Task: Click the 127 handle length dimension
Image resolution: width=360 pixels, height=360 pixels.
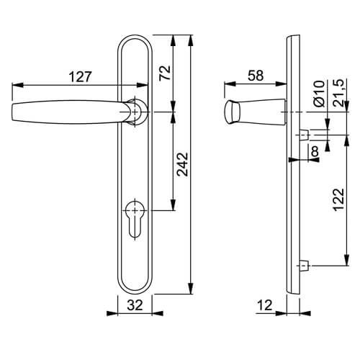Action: coord(81,77)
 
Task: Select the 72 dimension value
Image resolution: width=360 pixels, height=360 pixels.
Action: coord(165,73)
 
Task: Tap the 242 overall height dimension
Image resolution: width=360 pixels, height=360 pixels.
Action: coord(182,164)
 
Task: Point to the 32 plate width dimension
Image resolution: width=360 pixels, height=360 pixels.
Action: coord(135,305)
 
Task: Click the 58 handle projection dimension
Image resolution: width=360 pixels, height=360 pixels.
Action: coord(256,76)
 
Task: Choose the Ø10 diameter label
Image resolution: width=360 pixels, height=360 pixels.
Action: coord(319,94)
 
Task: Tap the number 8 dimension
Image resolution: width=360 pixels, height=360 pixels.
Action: coord(315,151)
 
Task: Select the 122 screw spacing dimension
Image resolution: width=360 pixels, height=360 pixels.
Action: coord(339,199)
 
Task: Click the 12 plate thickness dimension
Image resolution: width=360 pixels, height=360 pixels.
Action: coord(265,305)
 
